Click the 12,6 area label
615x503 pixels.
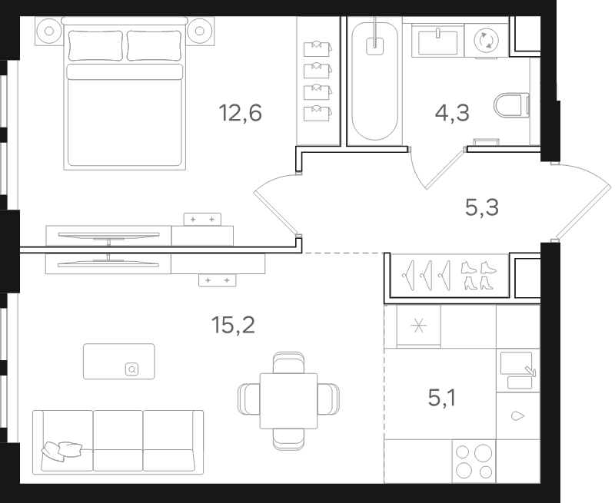tap(240, 113)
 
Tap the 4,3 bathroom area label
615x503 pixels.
tap(452, 113)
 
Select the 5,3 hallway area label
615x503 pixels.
tap(482, 207)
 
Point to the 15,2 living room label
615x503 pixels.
tap(233, 325)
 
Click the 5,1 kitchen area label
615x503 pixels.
tap(441, 399)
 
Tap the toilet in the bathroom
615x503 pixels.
tap(511, 105)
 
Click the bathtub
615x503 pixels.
tap(375, 81)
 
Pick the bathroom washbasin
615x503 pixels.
tap(437, 42)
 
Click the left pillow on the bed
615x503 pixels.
tap(95, 45)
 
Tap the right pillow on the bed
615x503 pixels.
tap(155, 45)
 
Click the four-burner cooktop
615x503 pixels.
tap(474, 461)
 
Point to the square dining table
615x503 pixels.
tap(289, 401)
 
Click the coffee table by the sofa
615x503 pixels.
tap(119, 361)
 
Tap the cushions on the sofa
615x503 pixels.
tap(62, 451)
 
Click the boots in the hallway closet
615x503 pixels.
tap(479, 276)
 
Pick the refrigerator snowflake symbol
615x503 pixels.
tap(418, 326)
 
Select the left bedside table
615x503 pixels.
tap(49, 31)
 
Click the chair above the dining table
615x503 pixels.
tap(288, 362)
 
